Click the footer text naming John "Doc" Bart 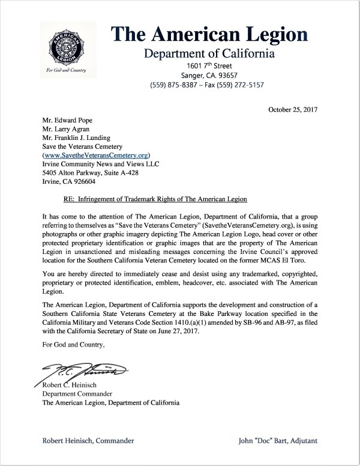pos(277,441)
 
